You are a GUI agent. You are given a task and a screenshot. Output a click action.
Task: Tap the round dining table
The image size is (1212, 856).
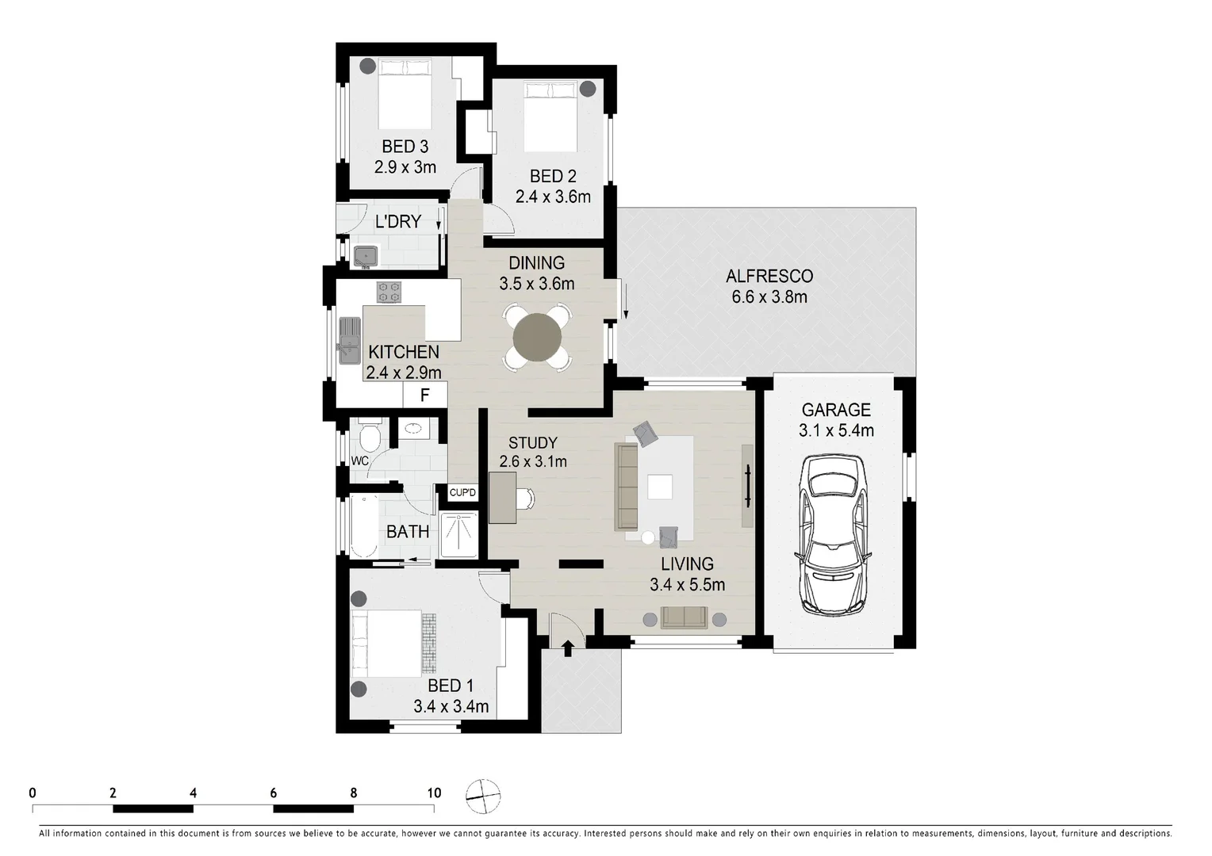537,338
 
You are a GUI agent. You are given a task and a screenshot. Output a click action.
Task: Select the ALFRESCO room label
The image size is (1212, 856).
769,276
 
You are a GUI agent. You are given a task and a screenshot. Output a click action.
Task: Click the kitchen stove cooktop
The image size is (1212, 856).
389,292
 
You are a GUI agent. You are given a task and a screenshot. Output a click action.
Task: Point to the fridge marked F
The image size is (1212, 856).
424,395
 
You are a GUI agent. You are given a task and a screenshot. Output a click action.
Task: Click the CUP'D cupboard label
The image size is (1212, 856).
462,493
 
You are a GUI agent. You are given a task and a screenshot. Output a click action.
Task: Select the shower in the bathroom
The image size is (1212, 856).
458,534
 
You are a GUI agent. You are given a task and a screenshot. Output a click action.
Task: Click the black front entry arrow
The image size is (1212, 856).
567,648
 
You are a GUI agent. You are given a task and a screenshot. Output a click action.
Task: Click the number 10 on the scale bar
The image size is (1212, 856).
434,793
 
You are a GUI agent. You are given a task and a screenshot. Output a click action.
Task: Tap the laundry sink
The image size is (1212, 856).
366,256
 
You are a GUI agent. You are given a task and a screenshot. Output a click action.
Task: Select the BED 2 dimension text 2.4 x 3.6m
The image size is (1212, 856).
553,197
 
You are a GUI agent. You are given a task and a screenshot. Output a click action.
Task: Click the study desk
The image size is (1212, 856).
502,498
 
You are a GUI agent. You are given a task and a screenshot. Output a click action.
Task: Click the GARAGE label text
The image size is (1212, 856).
836,410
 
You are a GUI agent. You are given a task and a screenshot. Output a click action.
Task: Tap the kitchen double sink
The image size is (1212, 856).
349,340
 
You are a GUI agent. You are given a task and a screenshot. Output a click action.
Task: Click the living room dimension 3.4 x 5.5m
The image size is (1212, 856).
687,585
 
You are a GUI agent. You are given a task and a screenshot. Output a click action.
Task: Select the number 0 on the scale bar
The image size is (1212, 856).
33,793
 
